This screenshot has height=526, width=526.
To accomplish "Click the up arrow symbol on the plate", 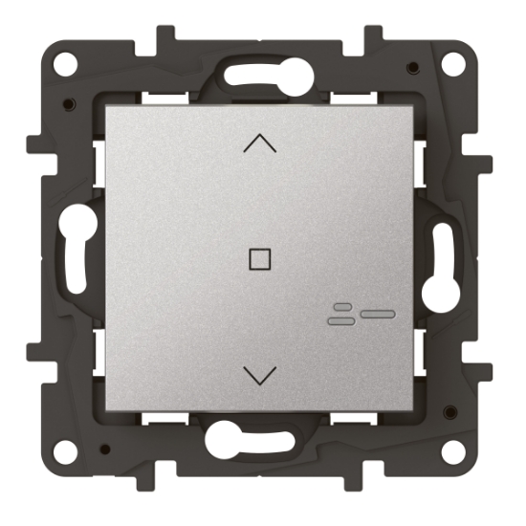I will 259,144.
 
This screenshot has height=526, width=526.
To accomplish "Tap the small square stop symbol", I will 258,258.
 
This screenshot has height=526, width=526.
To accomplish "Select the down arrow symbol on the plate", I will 259,374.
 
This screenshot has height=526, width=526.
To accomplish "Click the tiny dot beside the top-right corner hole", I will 411,68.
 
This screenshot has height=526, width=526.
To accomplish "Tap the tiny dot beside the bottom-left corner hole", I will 106,450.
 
